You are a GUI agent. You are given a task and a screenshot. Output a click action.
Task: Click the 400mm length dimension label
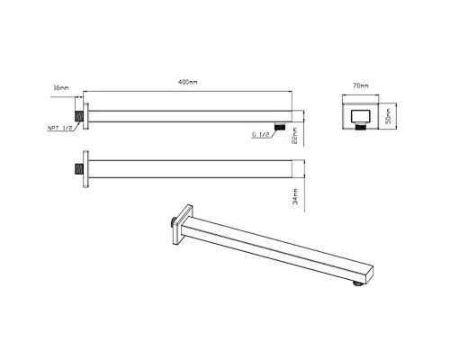click(x=188, y=82)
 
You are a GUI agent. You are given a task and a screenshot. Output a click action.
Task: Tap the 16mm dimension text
click(x=61, y=88)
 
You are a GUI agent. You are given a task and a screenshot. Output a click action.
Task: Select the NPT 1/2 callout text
click(x=60, y=128)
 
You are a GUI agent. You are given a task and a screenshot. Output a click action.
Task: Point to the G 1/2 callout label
click(x=260, y=135)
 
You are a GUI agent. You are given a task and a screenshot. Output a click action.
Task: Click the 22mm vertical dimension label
click(x=294, y=136)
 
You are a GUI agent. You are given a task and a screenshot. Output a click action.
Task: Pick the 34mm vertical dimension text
click(x=295, y=196)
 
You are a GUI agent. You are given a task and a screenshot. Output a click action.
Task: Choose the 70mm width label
click(x=361, y=85)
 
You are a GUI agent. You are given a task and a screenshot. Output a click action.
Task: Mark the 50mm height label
click(x=388, y=116)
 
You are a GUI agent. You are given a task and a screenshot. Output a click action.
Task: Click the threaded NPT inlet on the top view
click(x=79, y=116)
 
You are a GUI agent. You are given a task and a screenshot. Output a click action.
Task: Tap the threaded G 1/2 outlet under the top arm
click(x=280, y=126)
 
